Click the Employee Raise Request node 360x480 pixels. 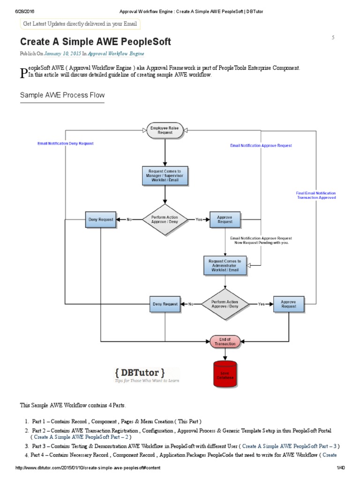[x=165, y=130]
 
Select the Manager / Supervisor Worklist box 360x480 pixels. [x=165, y=176]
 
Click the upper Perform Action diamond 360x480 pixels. [x=165, y=219]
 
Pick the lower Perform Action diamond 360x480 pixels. [x=225, y=304]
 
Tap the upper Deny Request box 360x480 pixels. [x=100, y=219]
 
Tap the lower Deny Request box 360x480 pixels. [x=165, y=304]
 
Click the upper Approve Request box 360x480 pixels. [x=225, y=219]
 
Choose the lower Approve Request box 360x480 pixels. [x=288, y=304]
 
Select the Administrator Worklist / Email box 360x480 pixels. [x=225, y=265]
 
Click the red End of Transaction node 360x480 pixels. [x=225, y=341]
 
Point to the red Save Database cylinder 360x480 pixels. [x=225, y=374]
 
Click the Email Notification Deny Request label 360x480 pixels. [x=65, y=143]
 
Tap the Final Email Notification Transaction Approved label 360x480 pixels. [x=316, y=195]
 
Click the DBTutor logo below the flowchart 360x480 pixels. [x=139, y=375]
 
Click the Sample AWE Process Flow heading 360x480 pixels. [x=62, y=95]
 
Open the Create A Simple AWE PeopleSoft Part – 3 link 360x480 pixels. [x=289, y=446]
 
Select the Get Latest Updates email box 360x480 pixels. [x=80, y=24]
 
